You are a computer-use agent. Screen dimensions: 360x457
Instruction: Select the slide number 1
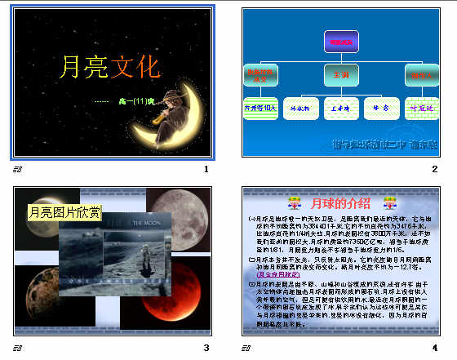pos(206,169)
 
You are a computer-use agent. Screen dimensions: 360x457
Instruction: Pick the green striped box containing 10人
pos(260,108)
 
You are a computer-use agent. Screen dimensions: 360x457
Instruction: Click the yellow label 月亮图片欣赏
pos(65,213)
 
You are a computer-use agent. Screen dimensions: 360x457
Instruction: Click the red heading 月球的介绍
pos(340,202)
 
